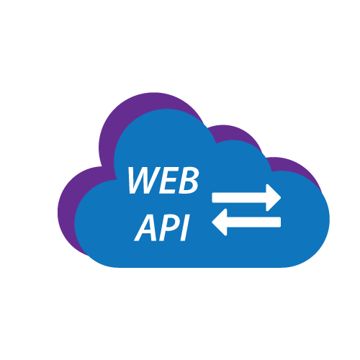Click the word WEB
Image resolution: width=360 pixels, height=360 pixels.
point(163,180)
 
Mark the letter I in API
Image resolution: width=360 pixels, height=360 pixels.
point(185,228)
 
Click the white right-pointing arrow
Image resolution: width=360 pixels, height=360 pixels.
point(246,197)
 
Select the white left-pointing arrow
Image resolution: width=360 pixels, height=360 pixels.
point(246,222)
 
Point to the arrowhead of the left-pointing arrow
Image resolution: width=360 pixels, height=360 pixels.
point(220,222)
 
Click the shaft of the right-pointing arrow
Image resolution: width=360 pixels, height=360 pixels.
point(239,197)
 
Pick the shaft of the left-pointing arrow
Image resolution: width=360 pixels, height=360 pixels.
point(253,222)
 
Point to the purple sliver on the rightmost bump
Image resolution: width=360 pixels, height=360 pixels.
point(297,167)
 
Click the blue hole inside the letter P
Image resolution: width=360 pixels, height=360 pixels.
point(172,223)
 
